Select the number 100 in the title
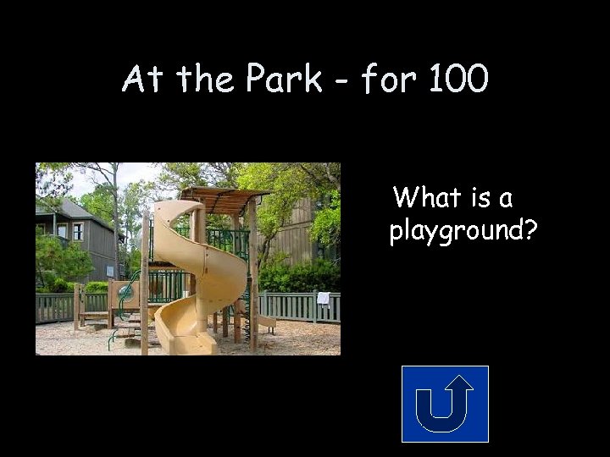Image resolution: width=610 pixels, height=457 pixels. click(458, 80)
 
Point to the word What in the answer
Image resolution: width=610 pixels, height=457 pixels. click(429, 198)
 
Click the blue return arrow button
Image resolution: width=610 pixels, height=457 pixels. click(445, 404)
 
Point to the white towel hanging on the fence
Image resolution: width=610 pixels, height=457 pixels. click(323, 298)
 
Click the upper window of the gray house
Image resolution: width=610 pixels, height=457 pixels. click(78, 231)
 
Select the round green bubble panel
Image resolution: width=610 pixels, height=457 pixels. click(128, 293)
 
